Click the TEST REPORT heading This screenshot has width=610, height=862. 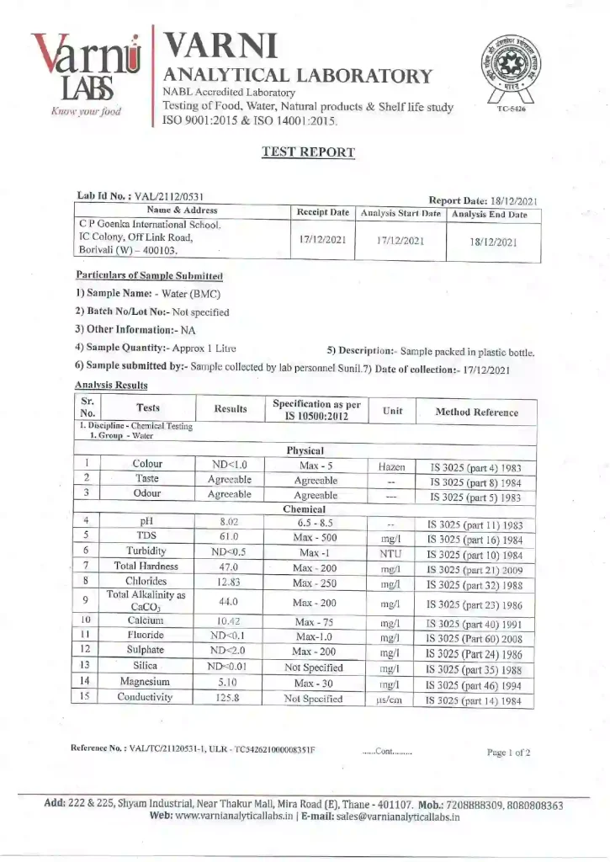tap(308, 152)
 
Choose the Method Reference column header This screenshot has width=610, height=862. tap(476, 412)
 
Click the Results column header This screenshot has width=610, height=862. tap(230, 409)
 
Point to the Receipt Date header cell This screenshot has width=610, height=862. tap(322, 213)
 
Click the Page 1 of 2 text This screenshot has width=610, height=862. tap(508, 753)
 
